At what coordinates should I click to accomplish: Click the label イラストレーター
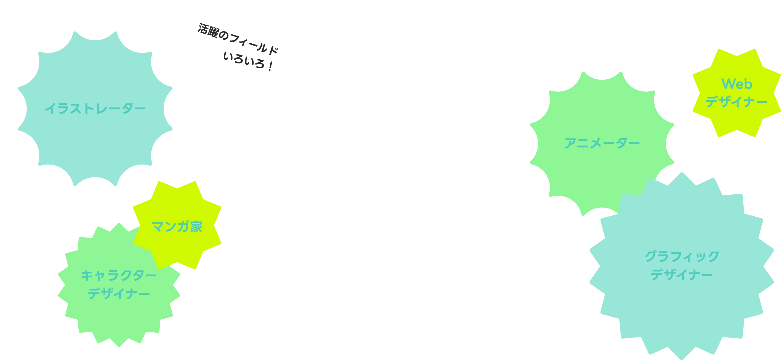(x=95, y=108)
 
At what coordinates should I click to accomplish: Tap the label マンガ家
(x=177, y=227)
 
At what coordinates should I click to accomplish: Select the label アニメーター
(x=602, y=143)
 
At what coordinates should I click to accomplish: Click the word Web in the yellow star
(x=737, y=84)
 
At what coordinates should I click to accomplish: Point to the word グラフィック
(x=681, y=256)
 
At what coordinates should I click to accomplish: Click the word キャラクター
(x=119, y=275)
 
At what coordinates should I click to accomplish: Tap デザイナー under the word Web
(x=737, y=101)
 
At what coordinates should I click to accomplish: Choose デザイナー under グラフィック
(x=681, y=275)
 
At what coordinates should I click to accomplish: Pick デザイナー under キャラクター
(x=119, y=294)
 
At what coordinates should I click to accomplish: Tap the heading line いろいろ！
(x=248, y=61)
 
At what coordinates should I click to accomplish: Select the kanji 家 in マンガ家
(x=196, y=227)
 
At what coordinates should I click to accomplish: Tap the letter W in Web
(x=728, y=84)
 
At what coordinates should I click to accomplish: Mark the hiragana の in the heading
(x=224, y=35)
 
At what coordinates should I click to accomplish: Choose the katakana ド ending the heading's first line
(x=273, y=50)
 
